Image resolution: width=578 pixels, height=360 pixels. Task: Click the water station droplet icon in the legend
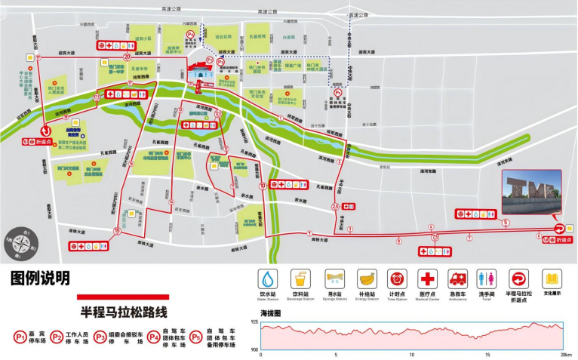269,277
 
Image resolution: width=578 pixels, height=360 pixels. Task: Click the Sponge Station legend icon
335,277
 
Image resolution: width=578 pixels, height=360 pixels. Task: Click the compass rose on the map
20,243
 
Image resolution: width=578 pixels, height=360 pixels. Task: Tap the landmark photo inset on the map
532,192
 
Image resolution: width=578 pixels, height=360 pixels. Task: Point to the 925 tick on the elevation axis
254,322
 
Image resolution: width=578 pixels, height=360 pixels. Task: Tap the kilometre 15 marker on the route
116,231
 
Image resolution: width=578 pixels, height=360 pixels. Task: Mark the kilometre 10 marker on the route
263,185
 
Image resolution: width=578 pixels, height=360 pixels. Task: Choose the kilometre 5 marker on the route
506,223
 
